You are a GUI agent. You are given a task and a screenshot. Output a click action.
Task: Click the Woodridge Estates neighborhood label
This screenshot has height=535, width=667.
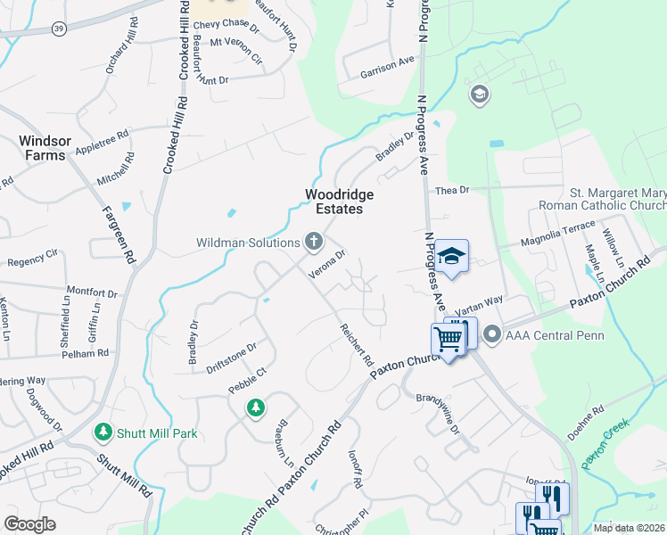tap(338, 202)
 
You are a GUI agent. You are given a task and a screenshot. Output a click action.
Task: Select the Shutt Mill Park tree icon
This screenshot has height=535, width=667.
tap(103, 432)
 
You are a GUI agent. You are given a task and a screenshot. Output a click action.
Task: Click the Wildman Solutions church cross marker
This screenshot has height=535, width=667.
tap(313, 241)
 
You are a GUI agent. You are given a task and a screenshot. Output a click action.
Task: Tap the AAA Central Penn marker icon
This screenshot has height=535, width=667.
tap(492, 335)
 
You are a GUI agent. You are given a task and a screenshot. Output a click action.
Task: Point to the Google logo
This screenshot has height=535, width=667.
tap(29, 523)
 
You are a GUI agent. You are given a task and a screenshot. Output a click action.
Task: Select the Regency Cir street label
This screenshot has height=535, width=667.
tap(32, 262)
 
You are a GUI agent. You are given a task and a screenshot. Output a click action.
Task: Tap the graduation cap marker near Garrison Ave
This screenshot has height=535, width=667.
tap(480, 94)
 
